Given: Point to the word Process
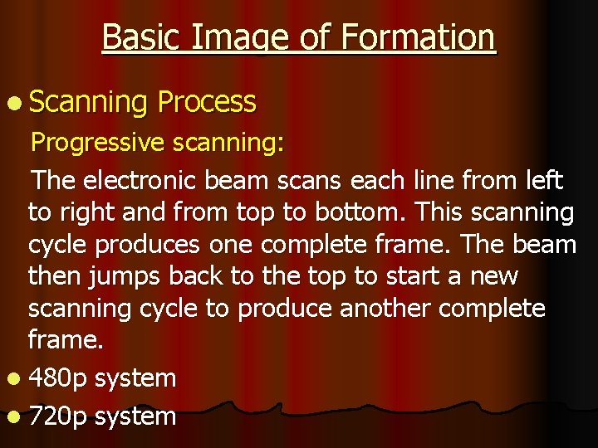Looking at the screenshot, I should point(206,101).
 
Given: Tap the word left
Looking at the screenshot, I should point(541,179).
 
